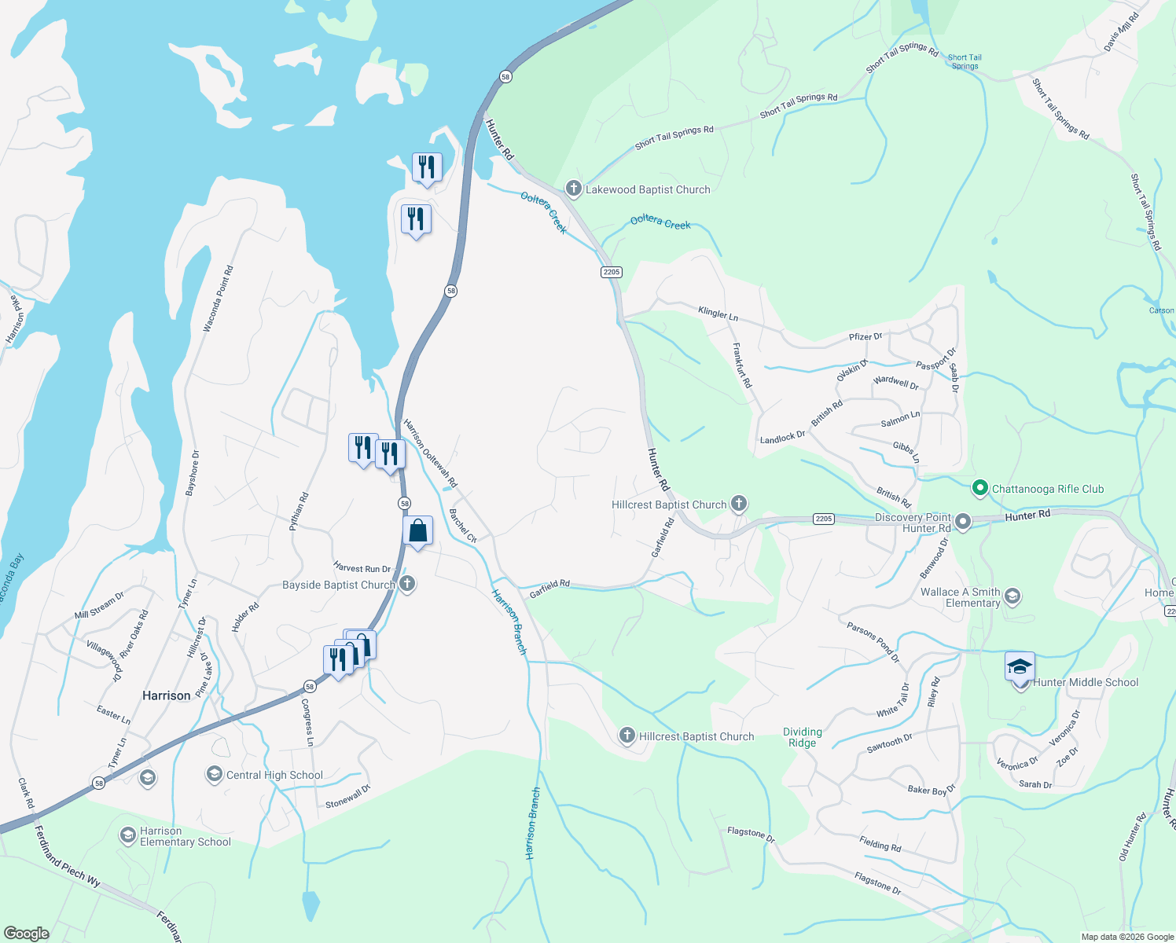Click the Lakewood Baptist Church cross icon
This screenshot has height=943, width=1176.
tap(574, 189)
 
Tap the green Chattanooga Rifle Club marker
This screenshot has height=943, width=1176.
tap(979, 489)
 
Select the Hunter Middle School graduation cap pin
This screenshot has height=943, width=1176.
tap(1020, 669)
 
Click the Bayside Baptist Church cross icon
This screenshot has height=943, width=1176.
tap(407, 584)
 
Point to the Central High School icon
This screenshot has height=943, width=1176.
tap(214, 775)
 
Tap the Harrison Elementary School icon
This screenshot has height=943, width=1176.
tap(128, 835)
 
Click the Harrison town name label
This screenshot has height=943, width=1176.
tap(166, 695)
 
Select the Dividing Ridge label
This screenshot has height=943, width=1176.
tap(802, 737)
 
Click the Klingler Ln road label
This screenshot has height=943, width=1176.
tap(718, 314)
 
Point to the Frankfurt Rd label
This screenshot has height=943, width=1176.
tap(742, 365)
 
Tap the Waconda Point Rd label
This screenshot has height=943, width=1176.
tap(219, 299)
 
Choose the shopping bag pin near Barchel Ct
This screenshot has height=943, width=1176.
tap(418, 531)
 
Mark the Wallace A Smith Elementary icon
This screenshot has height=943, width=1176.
tap(1012, 597)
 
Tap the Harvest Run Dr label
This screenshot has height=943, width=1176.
tap(362, 567)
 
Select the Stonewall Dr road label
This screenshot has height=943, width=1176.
tap(347, 797)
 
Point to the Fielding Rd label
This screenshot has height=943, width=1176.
tap(880, 844)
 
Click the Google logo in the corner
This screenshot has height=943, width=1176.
tap(26, 933)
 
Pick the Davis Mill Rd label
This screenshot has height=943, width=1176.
tap(1121, 33)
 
